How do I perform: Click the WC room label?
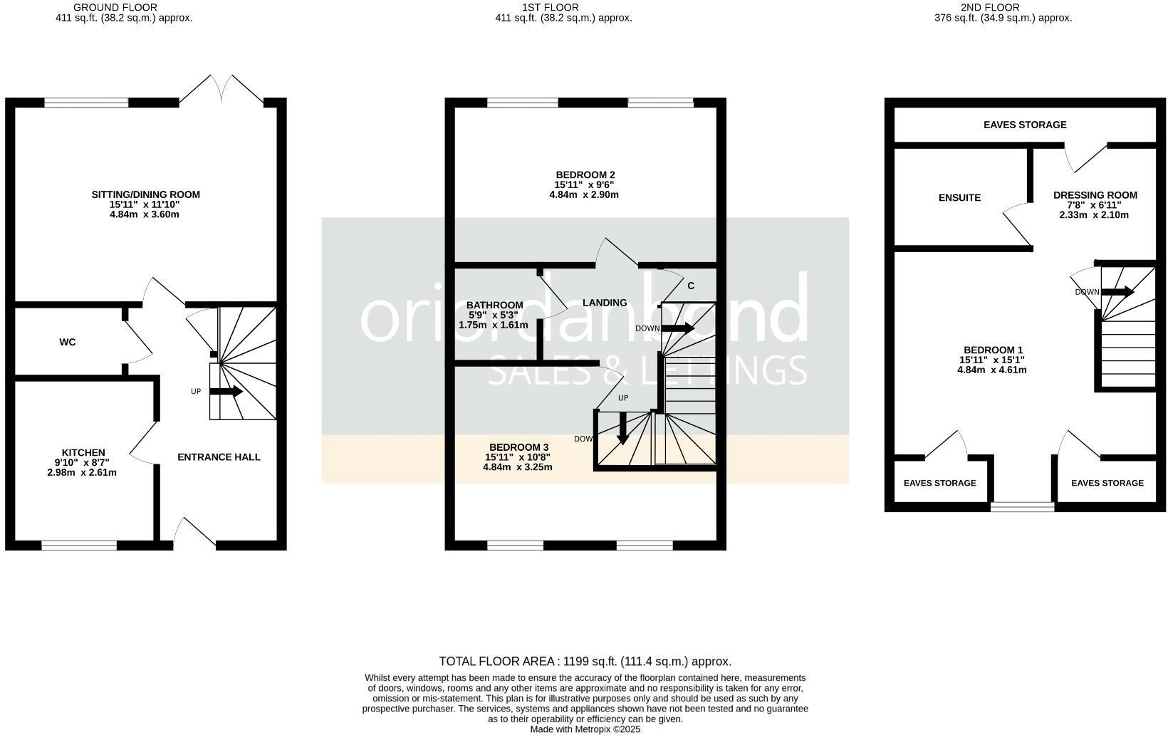coord(68,343)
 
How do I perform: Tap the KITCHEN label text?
coord(83,453)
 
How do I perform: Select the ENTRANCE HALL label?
coord(219,457)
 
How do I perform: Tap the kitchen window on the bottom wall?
coord(79,546)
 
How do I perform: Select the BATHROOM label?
coord(494,306)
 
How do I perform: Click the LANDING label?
coord(605,303)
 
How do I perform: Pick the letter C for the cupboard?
coord(690,286)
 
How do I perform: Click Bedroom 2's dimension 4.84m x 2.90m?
coord(584,194)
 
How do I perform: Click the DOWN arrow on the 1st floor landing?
coord(677,328)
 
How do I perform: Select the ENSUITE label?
coord(959,198)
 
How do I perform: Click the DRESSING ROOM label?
coord(1095,195)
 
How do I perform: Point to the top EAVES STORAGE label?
coord(1025,125)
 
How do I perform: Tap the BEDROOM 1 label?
coord(993,350)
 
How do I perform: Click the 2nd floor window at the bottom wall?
coord(1022,506)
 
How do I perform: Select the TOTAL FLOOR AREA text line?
coord(585,662)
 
